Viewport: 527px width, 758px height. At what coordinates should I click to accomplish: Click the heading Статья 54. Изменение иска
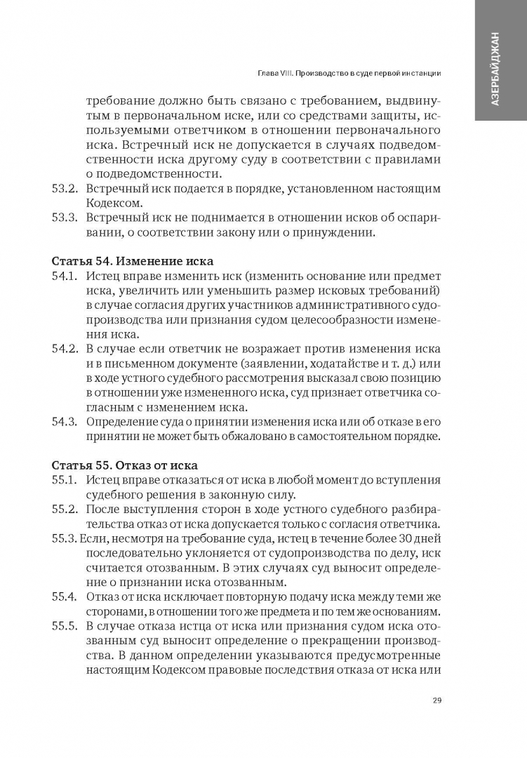[133, 261]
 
